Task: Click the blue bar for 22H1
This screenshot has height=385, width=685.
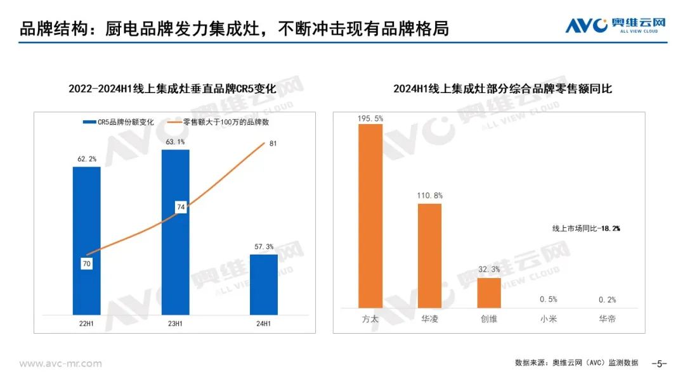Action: click(86, 240)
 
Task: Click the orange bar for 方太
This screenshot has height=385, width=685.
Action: click(370, 216)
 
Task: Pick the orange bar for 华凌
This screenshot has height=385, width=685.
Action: click(429, 256)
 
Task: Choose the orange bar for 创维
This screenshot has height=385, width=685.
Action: click(489, 293)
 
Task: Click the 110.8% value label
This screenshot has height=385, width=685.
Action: click(429, 196)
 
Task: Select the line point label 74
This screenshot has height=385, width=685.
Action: click(180, 207)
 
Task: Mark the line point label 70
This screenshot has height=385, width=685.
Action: click(87, 263)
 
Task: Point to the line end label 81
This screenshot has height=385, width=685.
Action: click(273, 144)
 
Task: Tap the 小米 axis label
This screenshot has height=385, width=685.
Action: click(548, 319)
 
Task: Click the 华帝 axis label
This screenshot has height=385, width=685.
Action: click(607, 319)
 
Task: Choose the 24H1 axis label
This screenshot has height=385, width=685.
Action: click(263, 324)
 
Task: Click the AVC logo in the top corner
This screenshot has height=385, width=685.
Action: click(615, 26)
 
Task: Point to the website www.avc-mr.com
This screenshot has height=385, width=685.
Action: click(60, 363)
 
